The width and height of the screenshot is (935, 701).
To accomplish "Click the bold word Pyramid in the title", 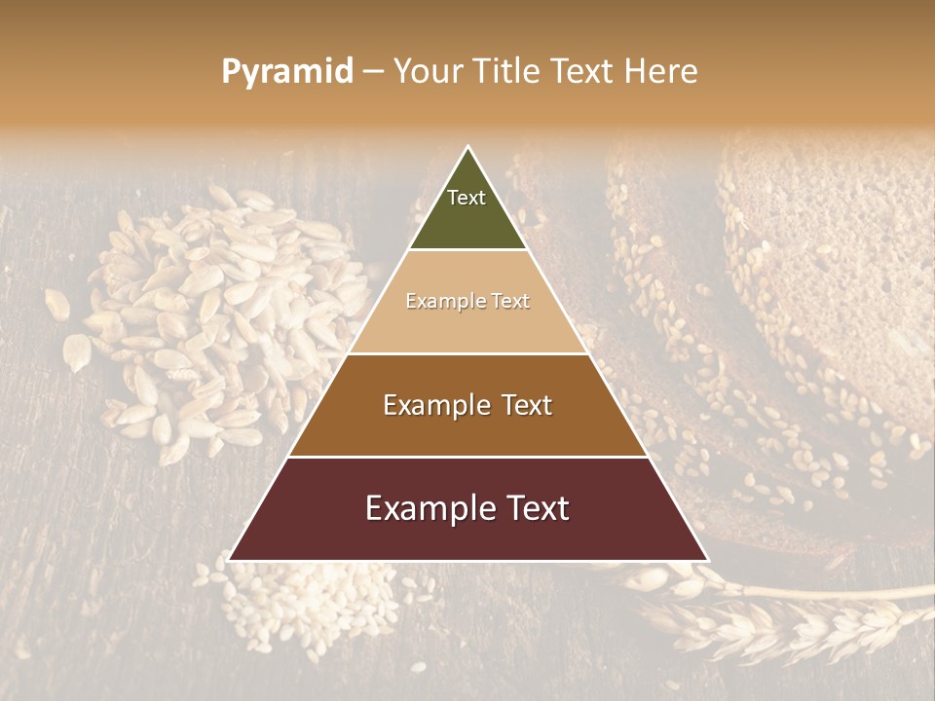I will click(x=287, y=72).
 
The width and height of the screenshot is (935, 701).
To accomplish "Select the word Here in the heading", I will click(x=661, y=72).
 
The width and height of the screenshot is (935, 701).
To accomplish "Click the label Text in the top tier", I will click(x=467, y=198).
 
